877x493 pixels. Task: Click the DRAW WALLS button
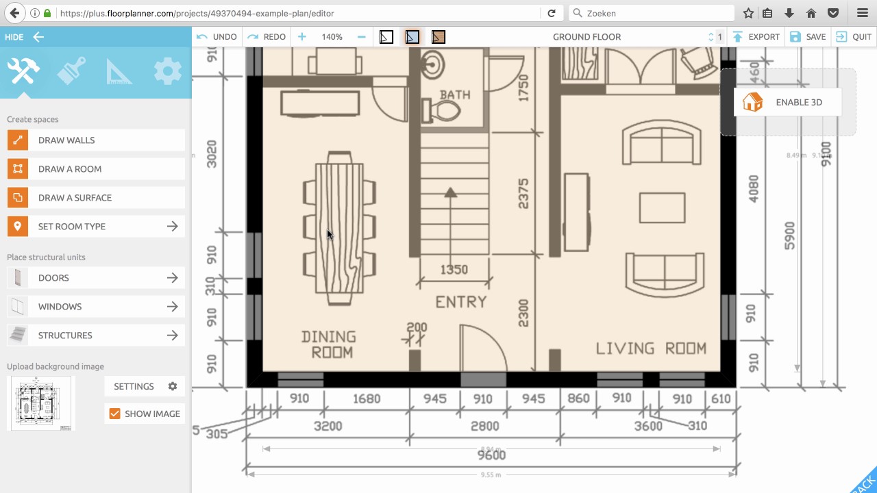96,140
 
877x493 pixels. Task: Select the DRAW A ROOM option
96,169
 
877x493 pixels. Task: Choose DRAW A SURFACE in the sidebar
96,198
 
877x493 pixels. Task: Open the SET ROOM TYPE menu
96,227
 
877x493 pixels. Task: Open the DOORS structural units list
96,278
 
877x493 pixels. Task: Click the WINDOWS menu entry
96,307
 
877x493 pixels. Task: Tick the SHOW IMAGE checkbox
115,414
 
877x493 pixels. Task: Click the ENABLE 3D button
787,103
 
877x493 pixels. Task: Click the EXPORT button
756,37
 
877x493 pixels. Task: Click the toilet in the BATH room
442,112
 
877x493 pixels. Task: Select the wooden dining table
339,228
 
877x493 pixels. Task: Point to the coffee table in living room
662,208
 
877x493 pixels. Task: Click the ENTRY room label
461,302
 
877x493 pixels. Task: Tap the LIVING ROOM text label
650,349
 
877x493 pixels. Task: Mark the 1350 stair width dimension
454,270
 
